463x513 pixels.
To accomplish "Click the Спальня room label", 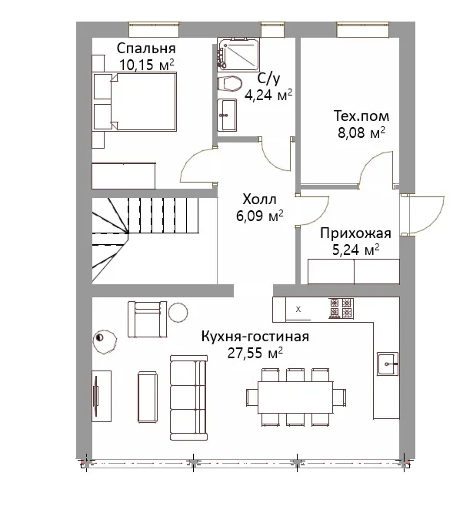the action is coord(146,49).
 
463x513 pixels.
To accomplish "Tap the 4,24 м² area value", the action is coord(268,96).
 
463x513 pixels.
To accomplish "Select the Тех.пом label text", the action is coord(361,116).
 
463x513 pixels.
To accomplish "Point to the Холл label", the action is coord(259,199).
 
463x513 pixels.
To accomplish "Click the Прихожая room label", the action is coord(355,233).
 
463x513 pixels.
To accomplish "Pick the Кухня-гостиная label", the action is coord(255,337).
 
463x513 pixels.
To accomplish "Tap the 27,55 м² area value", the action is coord(255,354).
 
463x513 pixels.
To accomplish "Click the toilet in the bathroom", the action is coord(229,83).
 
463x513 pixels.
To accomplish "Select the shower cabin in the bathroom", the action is coord(239,55).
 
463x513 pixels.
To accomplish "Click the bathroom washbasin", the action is coord(227,115).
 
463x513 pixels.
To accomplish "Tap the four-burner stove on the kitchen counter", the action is coord(341,308).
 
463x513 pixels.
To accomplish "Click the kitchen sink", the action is coord(388,364).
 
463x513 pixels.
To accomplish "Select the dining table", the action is coord(295,397).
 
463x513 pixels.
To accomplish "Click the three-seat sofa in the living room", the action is coord(188,397).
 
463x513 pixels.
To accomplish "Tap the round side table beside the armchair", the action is coord(178,312).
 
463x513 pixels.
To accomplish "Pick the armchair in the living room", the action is coord(147,320).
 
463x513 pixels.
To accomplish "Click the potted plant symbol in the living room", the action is coord(105,341).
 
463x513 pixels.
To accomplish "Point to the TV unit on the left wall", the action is coord(102,396).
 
